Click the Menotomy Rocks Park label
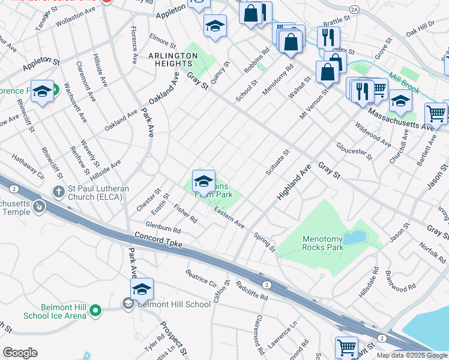click(323, 242)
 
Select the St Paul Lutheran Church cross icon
click(58, 191)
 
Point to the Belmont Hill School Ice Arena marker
click(94, 310)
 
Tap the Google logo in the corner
click(20, 353)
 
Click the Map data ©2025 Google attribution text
click(412, 355)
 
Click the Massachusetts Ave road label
click(401, 119)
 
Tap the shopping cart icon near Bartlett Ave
click(435, 112)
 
